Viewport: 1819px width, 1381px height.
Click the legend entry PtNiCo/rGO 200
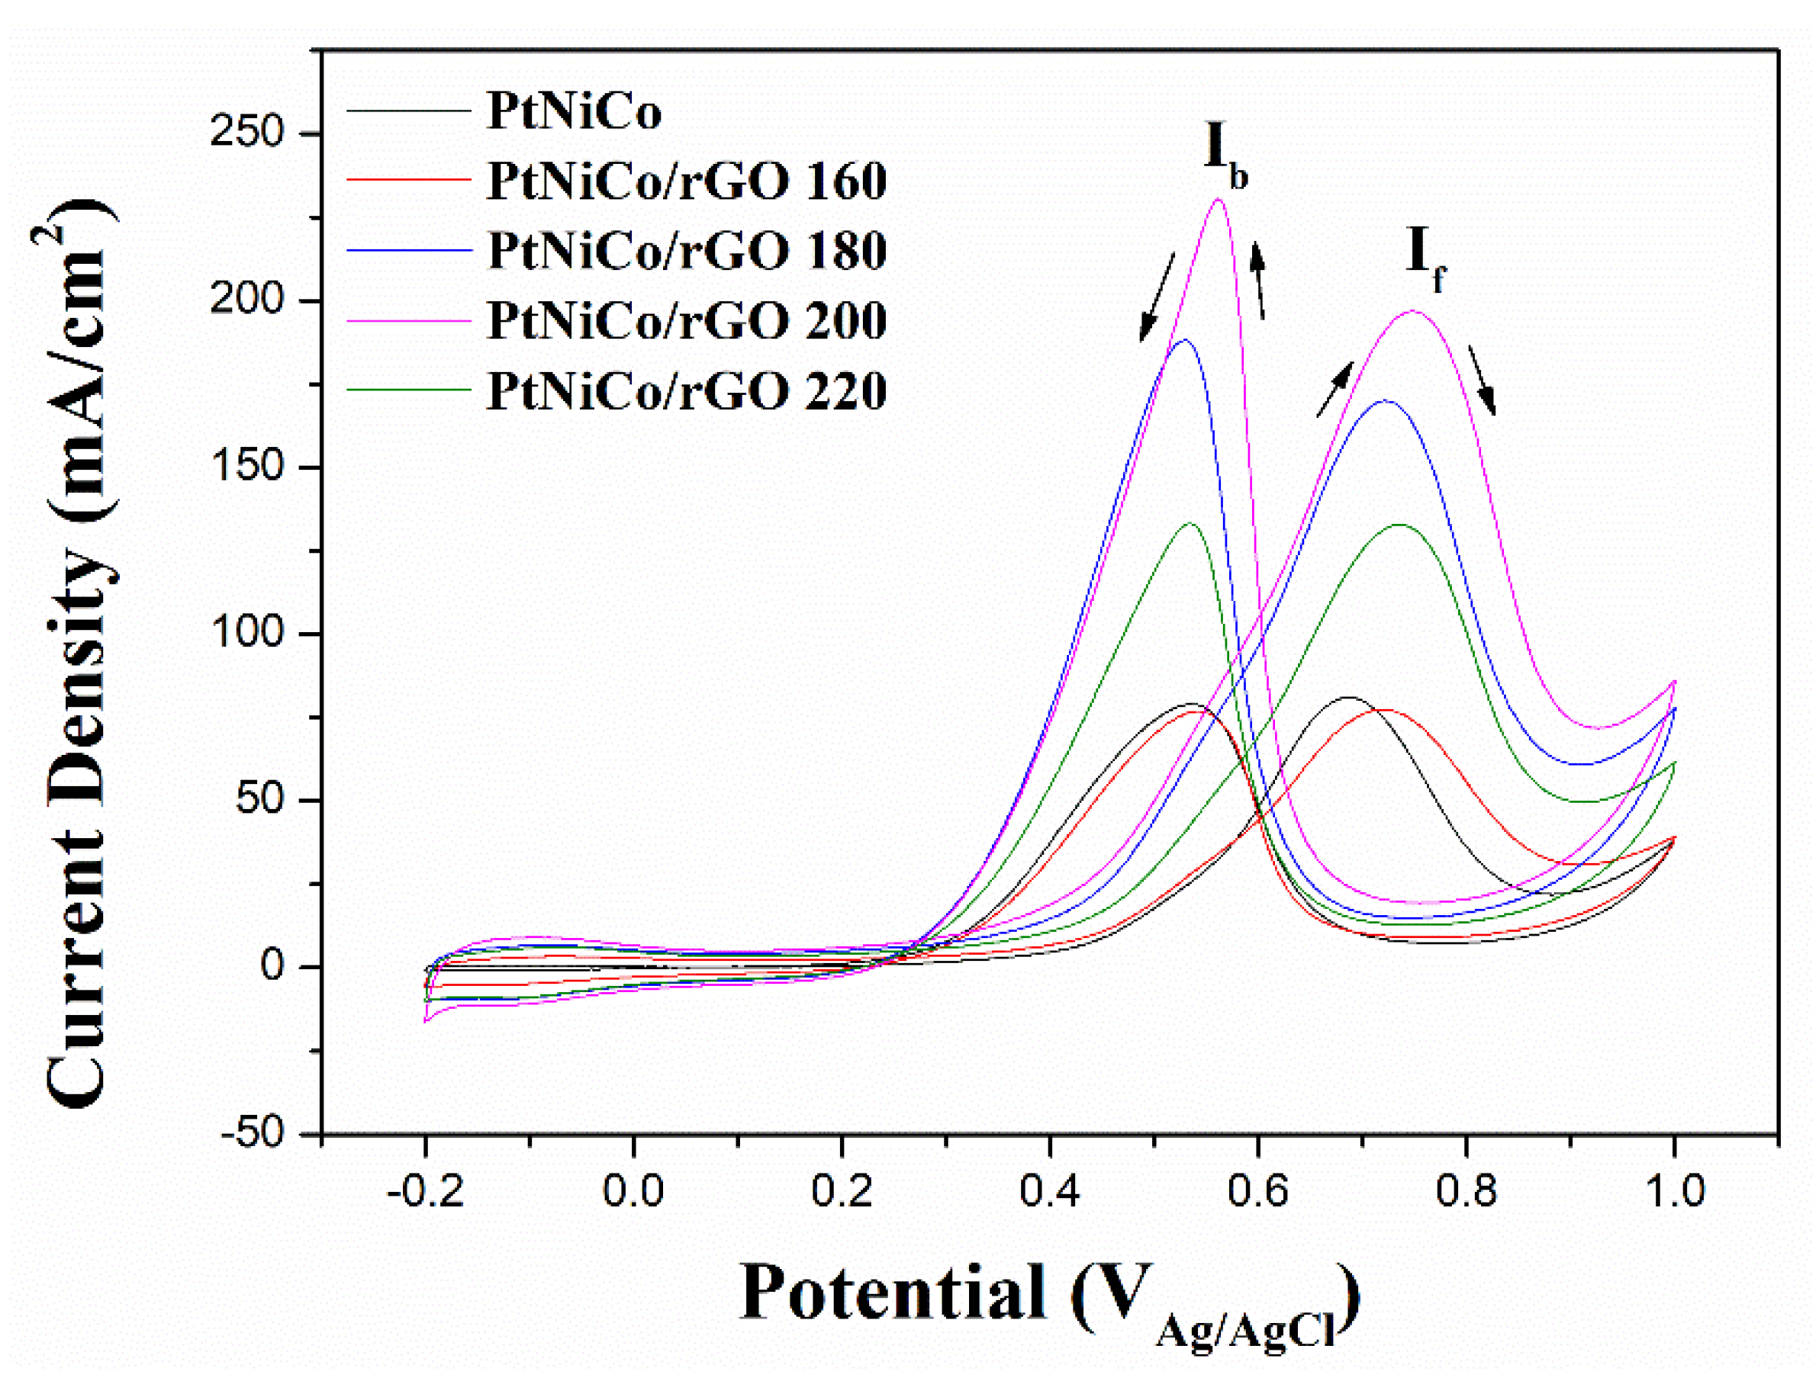pyautogui.click(x=687, y=320)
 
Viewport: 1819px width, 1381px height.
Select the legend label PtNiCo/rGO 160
pyautogui.click(x=687, y=181)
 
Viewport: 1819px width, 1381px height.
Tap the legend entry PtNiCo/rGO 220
pyautogui.click(x=687, y=390)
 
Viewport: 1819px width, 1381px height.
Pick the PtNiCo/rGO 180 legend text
pyautogui.click(x=687, y=251)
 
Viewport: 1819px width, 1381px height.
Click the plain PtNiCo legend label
pyautogui.click(x=574, y=111)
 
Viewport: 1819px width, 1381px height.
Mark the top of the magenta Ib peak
pyautogui.click(x=1218, y=199)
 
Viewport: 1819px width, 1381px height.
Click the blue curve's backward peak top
pyautogui.click(x=1184, y=340)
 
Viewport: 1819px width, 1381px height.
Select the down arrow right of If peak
pyautogui.click(x=1482, y=380)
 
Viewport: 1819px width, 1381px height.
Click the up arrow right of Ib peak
pyautogui.click(x=1258, y=280)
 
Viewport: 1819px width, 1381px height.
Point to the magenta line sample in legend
pyautogui.click(x=409, y=320)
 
